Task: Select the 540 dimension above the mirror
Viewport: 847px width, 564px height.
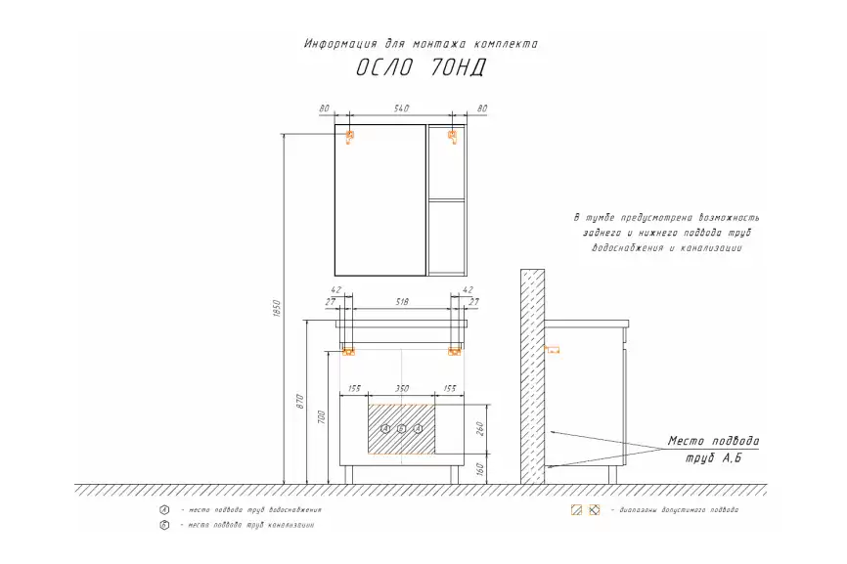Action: click(x=400, y=108)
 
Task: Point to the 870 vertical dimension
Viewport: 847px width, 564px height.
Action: click(x=303, y=402)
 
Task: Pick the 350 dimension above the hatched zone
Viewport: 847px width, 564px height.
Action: click(x=401, y=389)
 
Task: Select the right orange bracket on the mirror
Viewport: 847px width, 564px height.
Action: click(x=452, y=136)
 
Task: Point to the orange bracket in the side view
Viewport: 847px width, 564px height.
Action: click(x=552, y=349)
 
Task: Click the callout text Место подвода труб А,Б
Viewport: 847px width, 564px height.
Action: click(x=712, y=449)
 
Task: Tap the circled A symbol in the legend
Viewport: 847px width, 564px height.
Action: click(x=164, y=510)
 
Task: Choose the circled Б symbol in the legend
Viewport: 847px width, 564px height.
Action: click(x=164, y=526)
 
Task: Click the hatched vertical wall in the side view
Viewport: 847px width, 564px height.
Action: click(x=532, y=376)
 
